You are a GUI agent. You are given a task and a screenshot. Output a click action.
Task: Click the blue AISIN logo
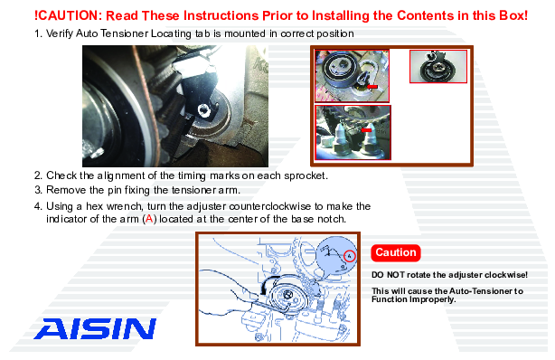tap(95, 328)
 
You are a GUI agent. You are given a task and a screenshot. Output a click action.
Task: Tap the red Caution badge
tap(396, 252)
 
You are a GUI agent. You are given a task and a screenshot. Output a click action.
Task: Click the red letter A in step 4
tap(149, 219)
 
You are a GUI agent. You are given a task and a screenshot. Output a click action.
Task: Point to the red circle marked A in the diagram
tap(349, 256)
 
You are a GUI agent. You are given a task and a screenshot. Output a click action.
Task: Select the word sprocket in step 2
tap(306, 176)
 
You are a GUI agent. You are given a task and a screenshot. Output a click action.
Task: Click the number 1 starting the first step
tap(37, 33)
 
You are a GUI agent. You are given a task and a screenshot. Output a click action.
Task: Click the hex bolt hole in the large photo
tap(204, 110)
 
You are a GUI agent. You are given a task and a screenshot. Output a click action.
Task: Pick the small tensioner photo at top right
tap(438, 66)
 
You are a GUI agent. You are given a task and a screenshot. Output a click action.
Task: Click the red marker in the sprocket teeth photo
tap(366, 130)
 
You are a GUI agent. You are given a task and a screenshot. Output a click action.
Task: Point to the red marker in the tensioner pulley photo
tap(372, 86)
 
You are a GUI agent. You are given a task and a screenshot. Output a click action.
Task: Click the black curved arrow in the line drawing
tap(268, 284)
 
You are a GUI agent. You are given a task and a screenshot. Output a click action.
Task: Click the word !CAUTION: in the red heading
tap(68, 15)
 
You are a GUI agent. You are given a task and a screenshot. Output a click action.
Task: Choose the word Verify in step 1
tap(59, 33)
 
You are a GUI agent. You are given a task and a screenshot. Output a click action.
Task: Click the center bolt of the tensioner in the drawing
tap(287, 294)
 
